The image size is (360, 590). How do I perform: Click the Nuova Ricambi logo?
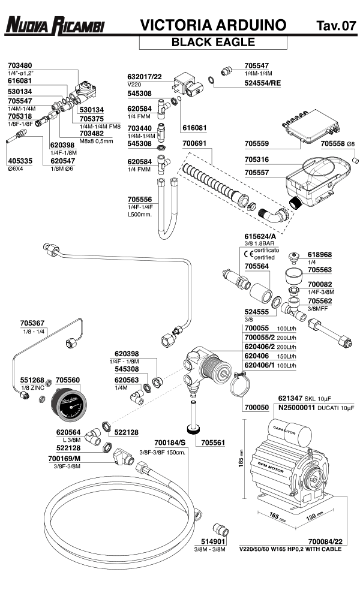55,25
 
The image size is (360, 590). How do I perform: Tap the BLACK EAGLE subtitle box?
213,42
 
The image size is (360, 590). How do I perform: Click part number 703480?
20,65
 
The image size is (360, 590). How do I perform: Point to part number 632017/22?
145,77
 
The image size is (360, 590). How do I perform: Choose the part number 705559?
259,144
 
